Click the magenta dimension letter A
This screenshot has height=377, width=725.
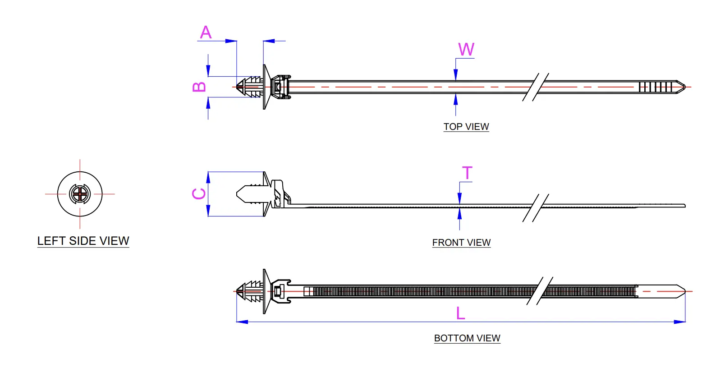(206, 32)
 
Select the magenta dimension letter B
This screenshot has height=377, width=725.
(199, 87)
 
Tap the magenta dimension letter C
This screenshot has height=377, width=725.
(199, 194)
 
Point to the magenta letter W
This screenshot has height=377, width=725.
(466, 50)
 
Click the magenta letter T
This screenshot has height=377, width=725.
(467, 173)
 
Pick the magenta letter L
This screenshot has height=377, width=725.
(460, 313)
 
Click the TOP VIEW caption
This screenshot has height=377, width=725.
(466, 127)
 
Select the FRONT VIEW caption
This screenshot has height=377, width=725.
(461, 243)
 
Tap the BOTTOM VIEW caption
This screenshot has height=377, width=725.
(467, 338)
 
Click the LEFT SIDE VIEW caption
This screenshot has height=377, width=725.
(83, 241)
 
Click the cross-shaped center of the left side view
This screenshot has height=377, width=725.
(80, 194)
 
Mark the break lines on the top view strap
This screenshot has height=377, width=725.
(536, 87)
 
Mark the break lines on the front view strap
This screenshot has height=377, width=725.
(536, 207)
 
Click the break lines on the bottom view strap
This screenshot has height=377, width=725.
(540, 291)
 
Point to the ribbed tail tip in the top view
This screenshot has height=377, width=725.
(656, 87)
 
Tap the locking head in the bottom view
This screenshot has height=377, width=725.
(280, 291)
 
